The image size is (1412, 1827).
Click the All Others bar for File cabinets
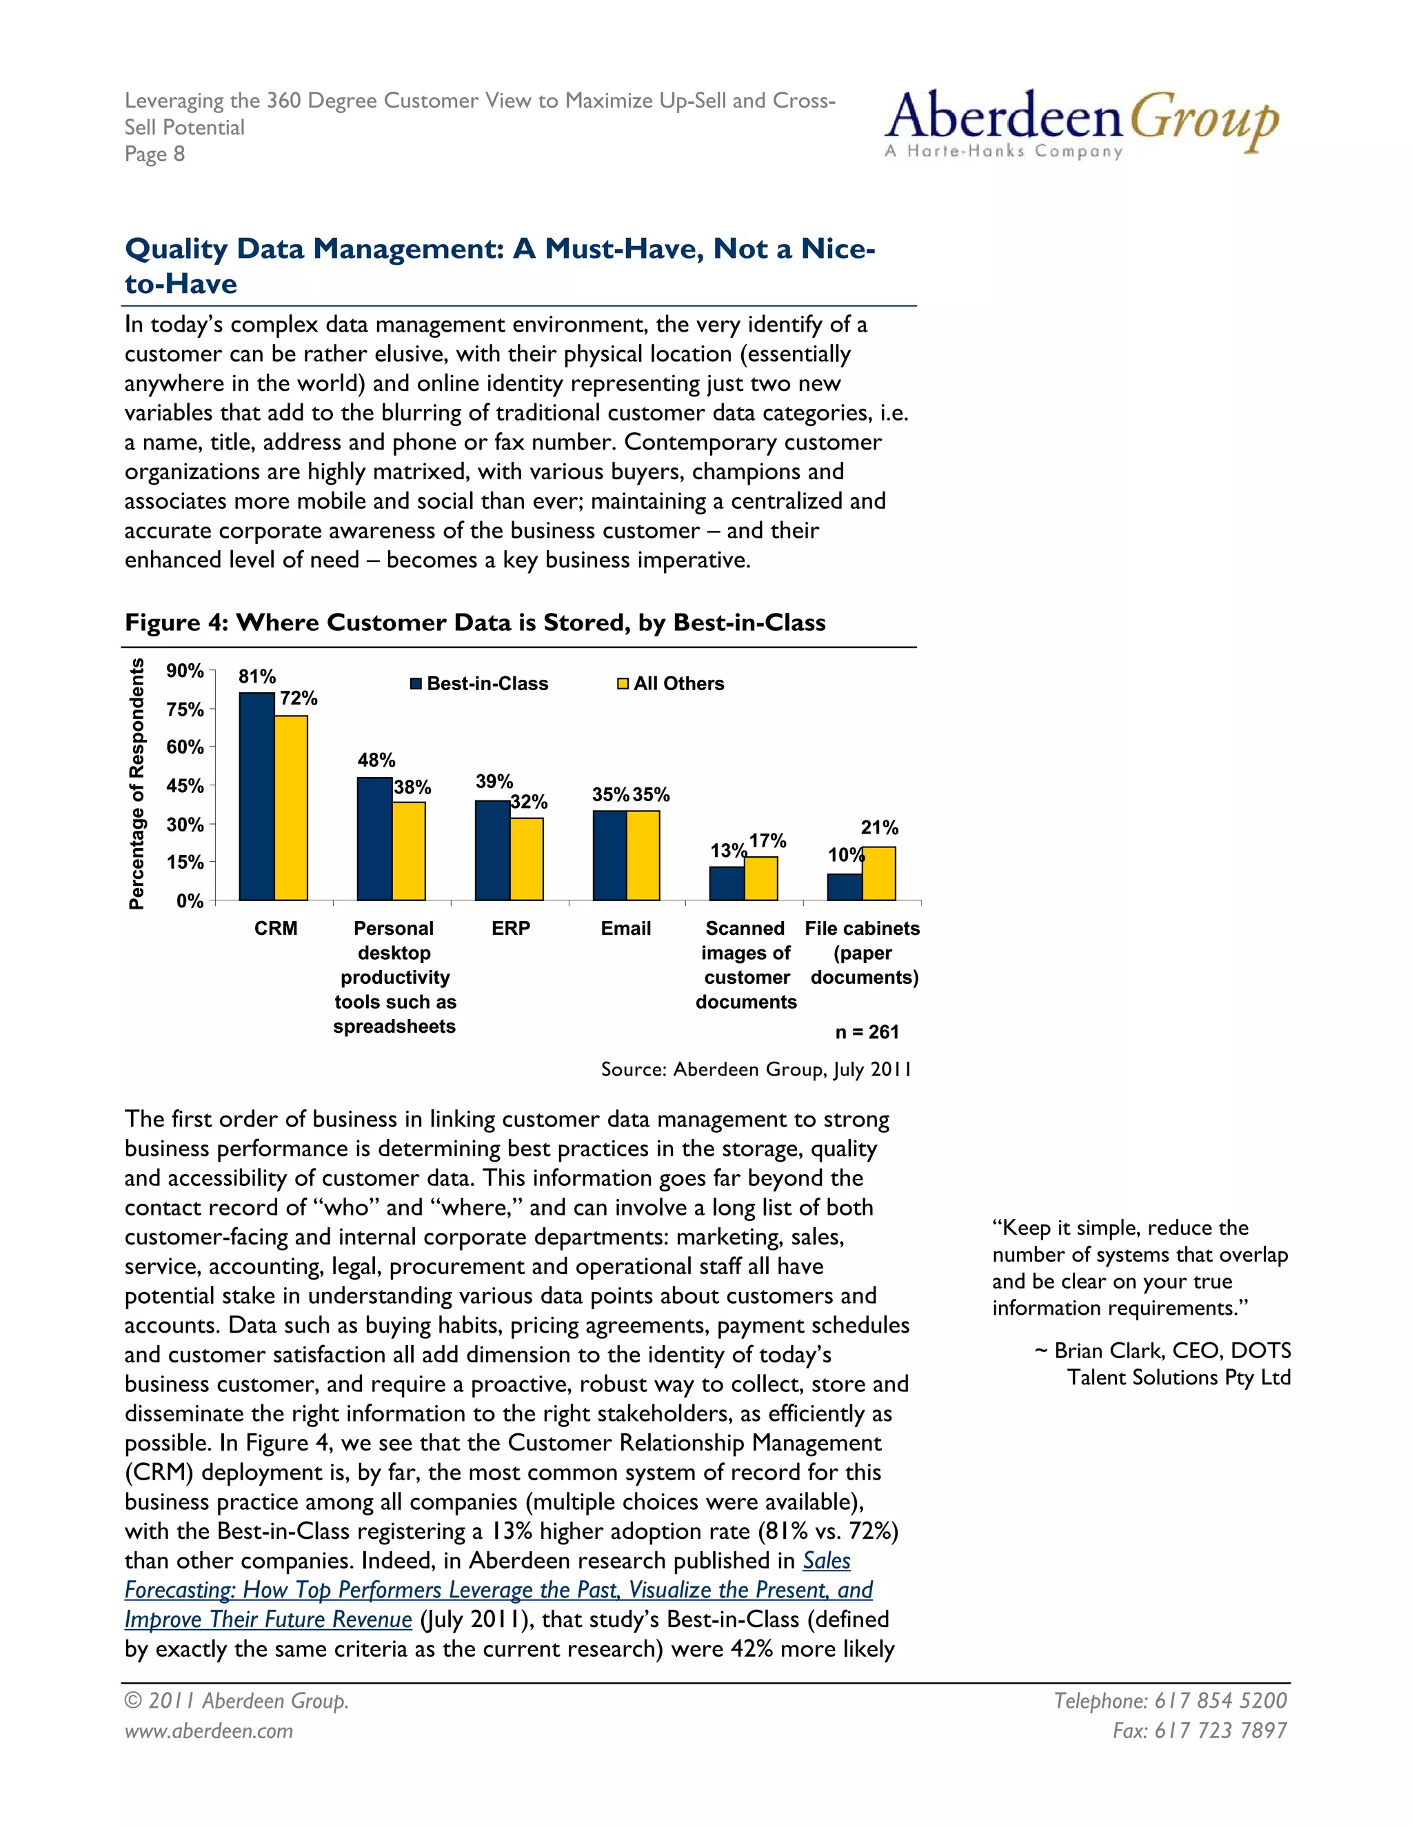879,874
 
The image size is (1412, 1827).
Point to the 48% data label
376,760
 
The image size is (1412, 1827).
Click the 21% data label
879,827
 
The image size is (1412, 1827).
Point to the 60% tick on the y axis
185,747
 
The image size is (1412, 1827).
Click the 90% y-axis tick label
185,671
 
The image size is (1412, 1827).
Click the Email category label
626,928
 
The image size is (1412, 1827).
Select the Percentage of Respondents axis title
137,784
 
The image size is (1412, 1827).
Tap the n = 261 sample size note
867,1031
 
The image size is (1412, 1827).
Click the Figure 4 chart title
474,623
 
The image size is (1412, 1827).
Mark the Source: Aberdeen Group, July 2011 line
756,1069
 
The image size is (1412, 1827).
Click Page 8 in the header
154,154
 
